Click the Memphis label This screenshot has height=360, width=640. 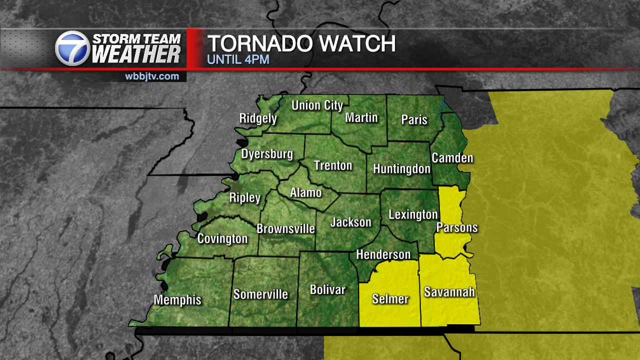pyautogui.click(x=177, y=300)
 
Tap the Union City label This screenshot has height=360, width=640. pyautogui.click(x=317, y=105)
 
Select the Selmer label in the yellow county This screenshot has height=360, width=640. pyautogui.click(x=390, y=299)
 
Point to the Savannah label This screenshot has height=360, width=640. pyautogui.click(x=449, y=292)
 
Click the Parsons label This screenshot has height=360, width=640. pyautogui.click(x=457, y=228)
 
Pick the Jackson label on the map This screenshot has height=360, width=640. pyautogui.click(x=351, y=222)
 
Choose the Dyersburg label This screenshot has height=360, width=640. pyautogui.click(x=267, y=154)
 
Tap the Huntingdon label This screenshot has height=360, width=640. pyautogui.click(x=401, y=169)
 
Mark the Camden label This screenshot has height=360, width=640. pyautogui.click(x=452, y=158)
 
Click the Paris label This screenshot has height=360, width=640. pyautogui.click(x=414, y=120)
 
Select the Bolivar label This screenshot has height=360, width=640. pyautogui.click(x=327, y=289)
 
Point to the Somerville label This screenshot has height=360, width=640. pyautogui.click(x=260, y=294)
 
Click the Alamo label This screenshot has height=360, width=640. pyautogui.click(x=306, y=192)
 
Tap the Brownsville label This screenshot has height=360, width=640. pyautogui.click(x=285, y=229)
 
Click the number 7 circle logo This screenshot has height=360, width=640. pyautogui.click(x=72, y=48)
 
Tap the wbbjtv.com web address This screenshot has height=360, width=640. pyautogui.click(x=152, y=76)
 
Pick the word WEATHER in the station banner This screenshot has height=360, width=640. pyautogui.click(x=136, y=54)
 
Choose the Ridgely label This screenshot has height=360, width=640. pyautogui.click(x=258, y=118)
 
